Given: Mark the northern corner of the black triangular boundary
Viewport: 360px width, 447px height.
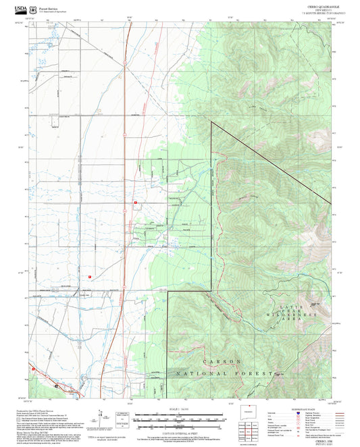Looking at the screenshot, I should pyautogui.click(x=211, y=122).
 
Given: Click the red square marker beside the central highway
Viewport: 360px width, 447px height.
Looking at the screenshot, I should pyautogui.click(x=136, y=202).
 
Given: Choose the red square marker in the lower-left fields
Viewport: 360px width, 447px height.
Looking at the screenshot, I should pyautogui.click(x=88, y=276).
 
